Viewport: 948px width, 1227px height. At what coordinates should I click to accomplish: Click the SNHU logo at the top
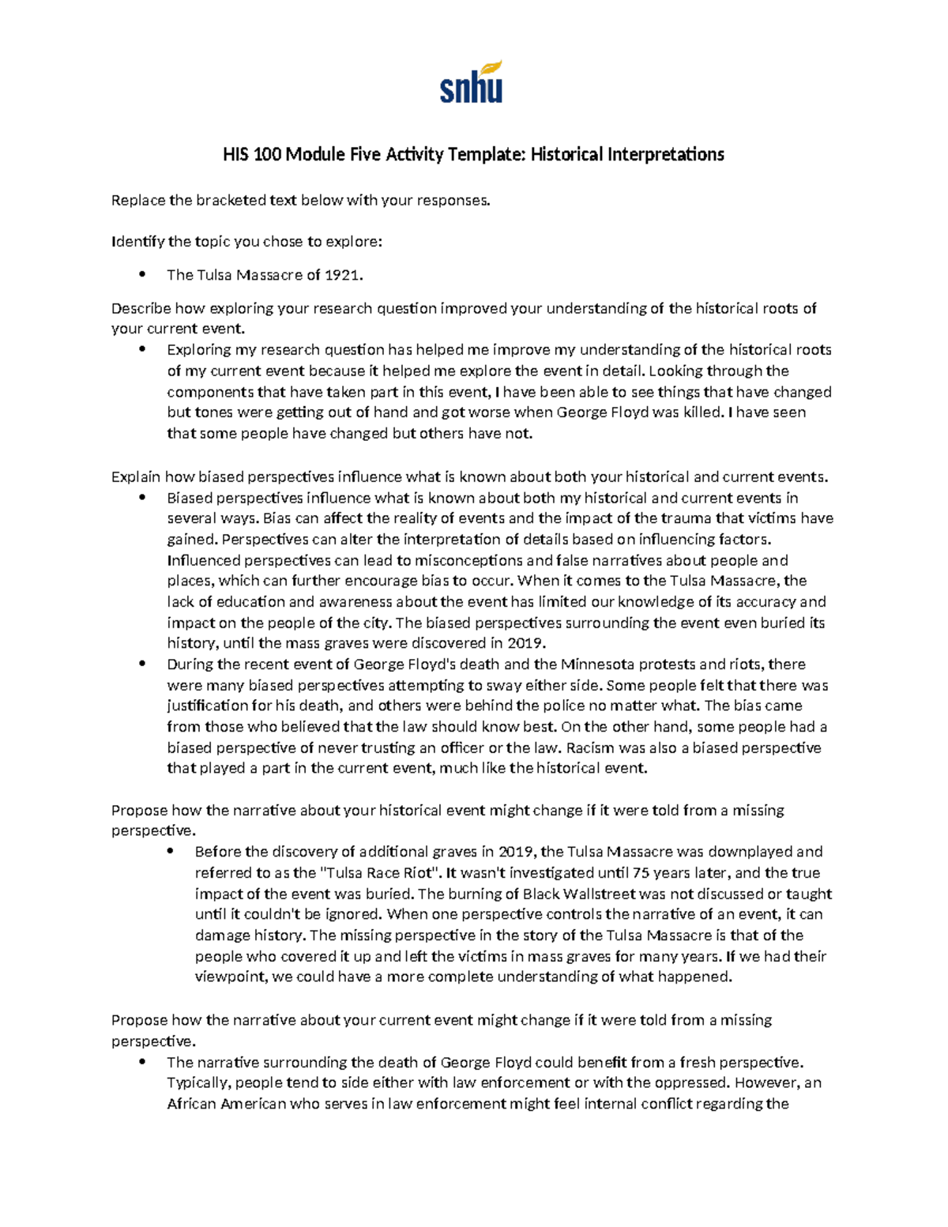pos(472,82)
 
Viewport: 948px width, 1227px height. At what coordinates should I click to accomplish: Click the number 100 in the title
pos(267,154)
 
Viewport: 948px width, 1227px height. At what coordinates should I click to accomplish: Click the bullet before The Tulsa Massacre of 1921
pos(142,275)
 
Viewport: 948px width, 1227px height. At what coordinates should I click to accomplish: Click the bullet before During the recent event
pos(142,664)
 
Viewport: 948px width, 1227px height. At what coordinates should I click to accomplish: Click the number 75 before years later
pos(641,873)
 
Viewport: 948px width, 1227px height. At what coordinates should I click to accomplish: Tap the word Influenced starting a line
pos(203,560)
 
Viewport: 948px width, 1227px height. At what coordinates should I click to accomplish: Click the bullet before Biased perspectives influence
pos(142,498)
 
